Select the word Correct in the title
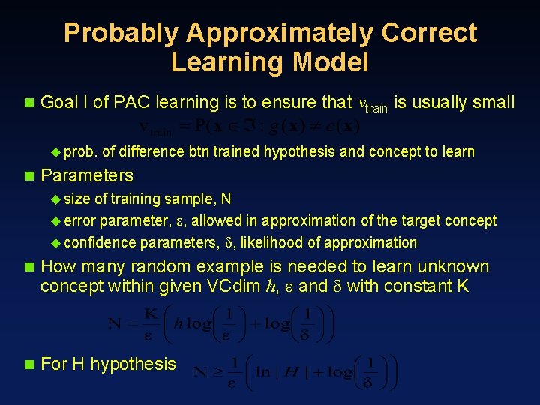[x=429, y=33]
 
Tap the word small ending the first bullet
[x=493, y=103]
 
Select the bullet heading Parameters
[x=87, y=176]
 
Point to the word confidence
[x=100, y=242]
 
